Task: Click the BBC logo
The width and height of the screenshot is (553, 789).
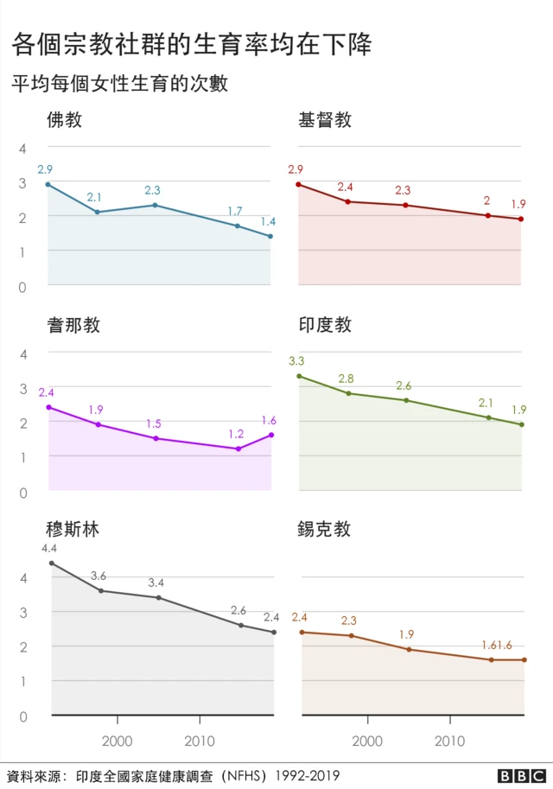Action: click(x=521, y=774)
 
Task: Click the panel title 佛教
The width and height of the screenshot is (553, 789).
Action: click(x=65, y=120)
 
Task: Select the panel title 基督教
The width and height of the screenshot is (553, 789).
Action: click(x=325, y=120)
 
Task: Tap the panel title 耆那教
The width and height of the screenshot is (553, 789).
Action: click(x=73, y=325)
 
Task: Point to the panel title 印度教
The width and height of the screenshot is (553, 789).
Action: click(x=325, y=325)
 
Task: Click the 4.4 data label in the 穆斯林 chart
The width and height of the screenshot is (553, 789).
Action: click(x=49, y=549)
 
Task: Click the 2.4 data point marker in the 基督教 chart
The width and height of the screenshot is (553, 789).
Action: click(x=347, y=201)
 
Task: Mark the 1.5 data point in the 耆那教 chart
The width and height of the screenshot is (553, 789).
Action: click(x=156, y=438)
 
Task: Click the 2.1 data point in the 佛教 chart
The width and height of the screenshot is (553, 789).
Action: click(x=97, y=212)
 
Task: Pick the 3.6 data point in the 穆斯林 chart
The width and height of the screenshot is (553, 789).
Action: click(x=101, y=590)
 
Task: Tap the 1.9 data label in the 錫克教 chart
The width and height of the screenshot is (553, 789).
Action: click(x=406, y=634)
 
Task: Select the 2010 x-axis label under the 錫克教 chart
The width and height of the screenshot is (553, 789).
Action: click(x=449, y=741)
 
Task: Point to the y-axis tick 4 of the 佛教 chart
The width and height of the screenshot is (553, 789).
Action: click(x=24, y=149)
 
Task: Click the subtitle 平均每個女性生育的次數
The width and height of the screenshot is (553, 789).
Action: click(x=119, y=84)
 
